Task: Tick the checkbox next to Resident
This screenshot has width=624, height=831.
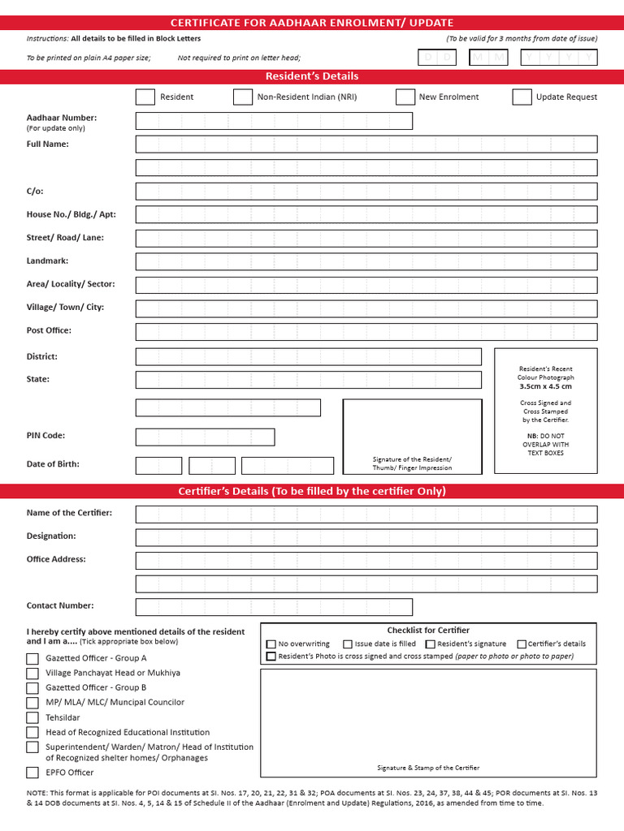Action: pyautogui.click(x=145, y=97)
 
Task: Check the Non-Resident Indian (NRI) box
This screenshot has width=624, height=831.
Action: pyautogui.click(x=242, y=97)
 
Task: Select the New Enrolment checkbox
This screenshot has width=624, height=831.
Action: pyautogui.click(x=405, y=97)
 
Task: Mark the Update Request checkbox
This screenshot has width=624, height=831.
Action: pyautogui.click(x=522, y=97)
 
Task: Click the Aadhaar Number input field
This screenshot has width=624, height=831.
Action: pyautogui.click(x=274, y=121)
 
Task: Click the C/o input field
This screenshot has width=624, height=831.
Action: pyautogui.click(x=366, y=192)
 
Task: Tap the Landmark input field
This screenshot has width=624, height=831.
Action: pyautogui.click(x=366, y=261)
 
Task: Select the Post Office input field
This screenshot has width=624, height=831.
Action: pyautogui.click(x=366, y=331)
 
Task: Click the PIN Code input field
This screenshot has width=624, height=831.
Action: pyautogui.click(x=205, y=437)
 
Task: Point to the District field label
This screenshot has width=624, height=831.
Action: pyautogui.click(x=42, y=356)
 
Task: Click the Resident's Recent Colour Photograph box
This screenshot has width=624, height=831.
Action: pyautogui.click(x=545, y=410)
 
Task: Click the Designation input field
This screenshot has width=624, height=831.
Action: pyautogui.click(x=366, y=537)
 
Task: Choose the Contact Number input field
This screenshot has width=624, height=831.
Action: pyautogui.click(x=274, y=607)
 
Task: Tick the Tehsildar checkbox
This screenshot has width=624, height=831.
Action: pyautogui.click(x=32, y=717)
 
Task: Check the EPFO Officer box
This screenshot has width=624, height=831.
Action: pyautogui.click(x=32, y=773)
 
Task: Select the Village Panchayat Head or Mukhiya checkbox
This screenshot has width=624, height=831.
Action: pyautogui.click(x=32, y=673)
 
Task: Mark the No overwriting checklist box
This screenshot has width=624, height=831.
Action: pyautogui.click(x=271, y=644)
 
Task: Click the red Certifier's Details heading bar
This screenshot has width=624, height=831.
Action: pyautogui.click(x=312, y=491)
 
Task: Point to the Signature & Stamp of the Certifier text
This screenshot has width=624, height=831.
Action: pyautogui.click(x=428, y=768)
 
